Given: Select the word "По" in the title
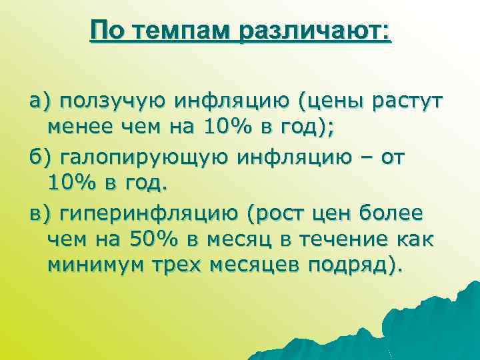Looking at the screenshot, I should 105,31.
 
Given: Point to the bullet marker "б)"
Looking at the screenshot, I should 39,157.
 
